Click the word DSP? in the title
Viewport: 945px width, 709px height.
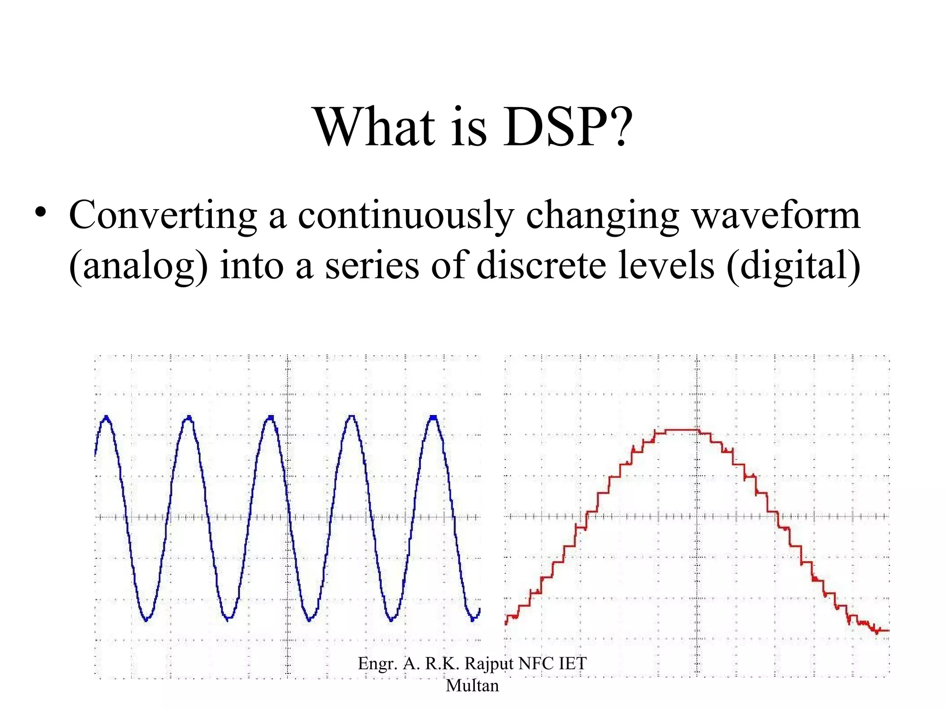coord(568,127)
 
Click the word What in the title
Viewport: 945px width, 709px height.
coord(374,127)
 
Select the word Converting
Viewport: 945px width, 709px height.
coord(163,216)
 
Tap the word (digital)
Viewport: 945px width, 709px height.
coord(793,266)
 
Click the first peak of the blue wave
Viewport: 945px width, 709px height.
coord(107,418)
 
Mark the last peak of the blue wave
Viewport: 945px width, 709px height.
coord(433,418)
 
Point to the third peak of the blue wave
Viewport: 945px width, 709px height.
coord(270,418)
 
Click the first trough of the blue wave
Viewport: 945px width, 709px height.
coord(147,619)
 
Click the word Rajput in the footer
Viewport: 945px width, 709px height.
coord(489,664)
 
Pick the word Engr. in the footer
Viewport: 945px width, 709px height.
coord(377,664)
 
